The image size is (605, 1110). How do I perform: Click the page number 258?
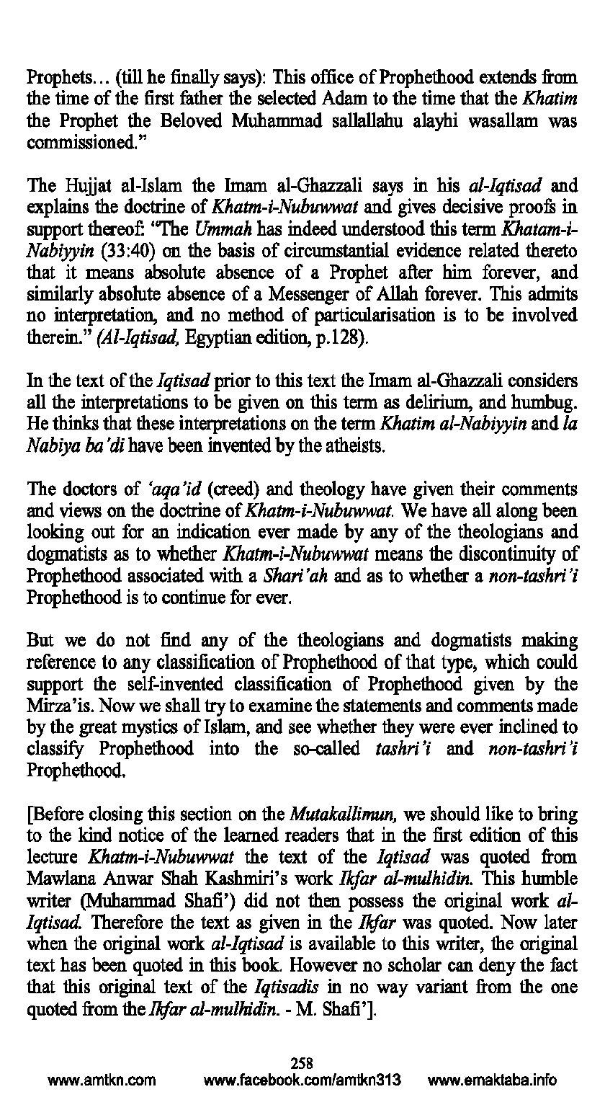pyautogui.click(x=302, y=1062)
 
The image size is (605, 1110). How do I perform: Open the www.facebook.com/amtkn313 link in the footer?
pyautogui.click(x=302, y=1080)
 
